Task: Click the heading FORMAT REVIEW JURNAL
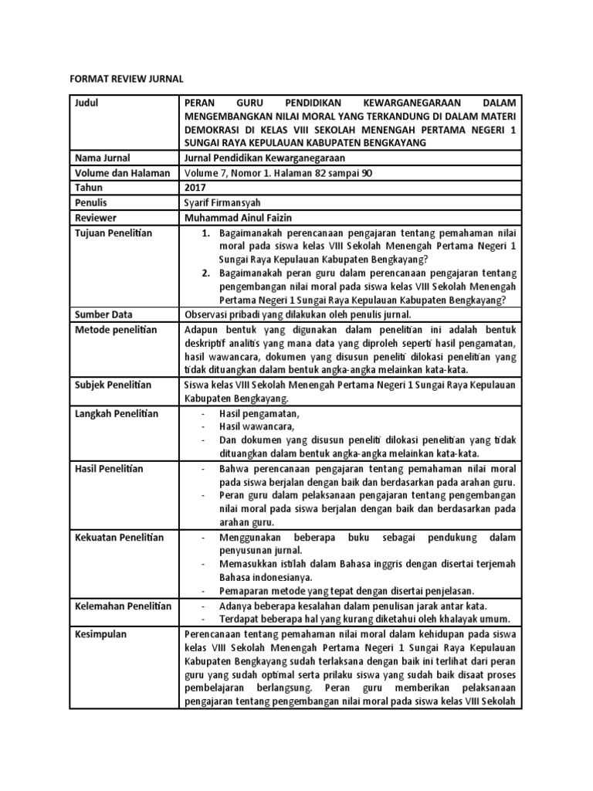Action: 127,78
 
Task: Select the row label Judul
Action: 87,103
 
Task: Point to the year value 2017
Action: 196,188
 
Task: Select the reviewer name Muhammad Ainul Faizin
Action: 243,217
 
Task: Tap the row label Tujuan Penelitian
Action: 114,233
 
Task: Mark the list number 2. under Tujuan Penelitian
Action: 205,273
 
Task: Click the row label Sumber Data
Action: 103,315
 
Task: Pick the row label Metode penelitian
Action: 115,330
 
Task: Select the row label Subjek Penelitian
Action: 114,385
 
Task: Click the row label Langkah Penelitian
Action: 116,413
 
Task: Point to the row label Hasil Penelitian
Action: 110,469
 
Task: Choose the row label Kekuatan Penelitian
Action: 118,538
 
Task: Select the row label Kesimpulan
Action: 100,634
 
